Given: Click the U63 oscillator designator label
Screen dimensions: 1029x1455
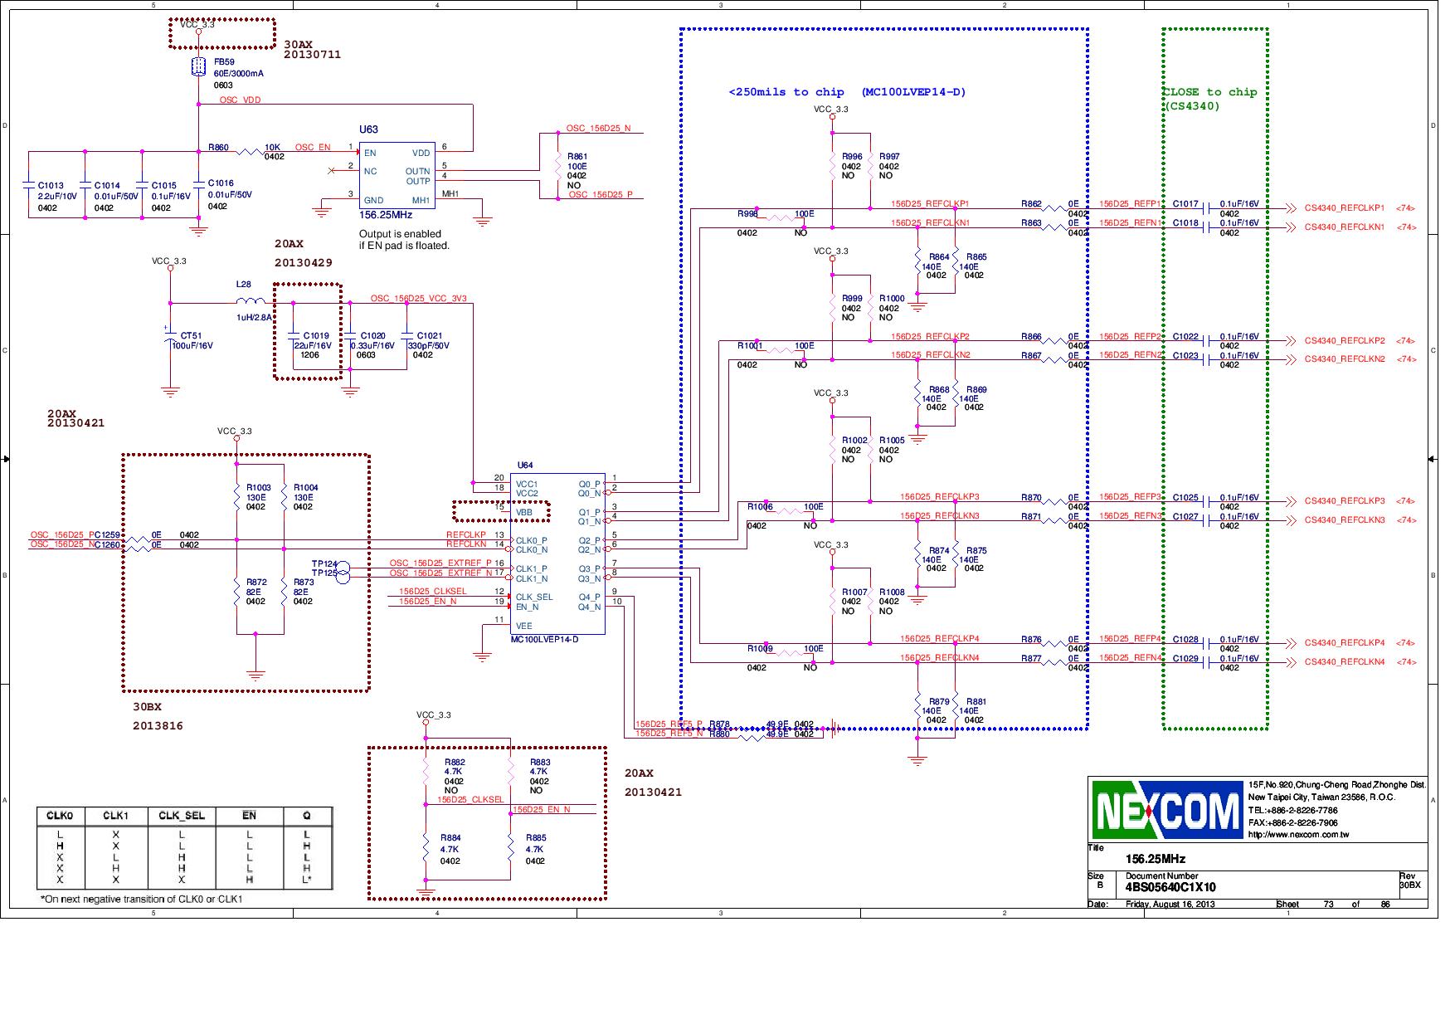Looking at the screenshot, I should pyautogui.click(x=368, y=129).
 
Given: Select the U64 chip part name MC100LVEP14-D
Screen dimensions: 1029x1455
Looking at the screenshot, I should pyautogui.click(x=544, y=639).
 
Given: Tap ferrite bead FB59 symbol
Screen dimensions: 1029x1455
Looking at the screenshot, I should pyautogui.click(x=198, y=67).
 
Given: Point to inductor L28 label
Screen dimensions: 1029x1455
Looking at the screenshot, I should pyautogui.click(x=243, y=285).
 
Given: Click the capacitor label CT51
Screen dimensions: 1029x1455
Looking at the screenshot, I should pyautogui.click(x=191, y=336).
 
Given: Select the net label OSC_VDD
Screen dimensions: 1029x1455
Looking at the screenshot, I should pyautogui.click(x=240, y=100).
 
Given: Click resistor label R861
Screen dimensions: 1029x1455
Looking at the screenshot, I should pyautogui.click(x=577, y=156).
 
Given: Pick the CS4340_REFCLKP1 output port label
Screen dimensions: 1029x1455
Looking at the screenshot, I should pyautogui.click(x=1345, y=208).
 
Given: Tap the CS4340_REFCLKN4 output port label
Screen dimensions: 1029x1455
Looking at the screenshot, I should pyautogui.click(x=1345, y=662).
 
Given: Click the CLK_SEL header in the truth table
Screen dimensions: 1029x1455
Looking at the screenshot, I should pyautogui.click(x=182, y=816).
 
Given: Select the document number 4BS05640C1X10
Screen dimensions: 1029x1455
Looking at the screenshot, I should pyautogui.click(x=1170, y=887).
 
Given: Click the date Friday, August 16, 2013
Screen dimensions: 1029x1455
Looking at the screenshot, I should pyautogui.click(x=1170, y=904).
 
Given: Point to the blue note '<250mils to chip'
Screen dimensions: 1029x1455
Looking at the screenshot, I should pyautogui.click(x=786, y=92).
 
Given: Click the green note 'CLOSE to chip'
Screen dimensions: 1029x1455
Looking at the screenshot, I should pyautogui.click(x=1210, y=92).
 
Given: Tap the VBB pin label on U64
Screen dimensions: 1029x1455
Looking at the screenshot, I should pyautogui.click(x=523, y=513).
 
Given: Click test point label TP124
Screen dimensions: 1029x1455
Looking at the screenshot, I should pyautogui.click(x=324, y=563).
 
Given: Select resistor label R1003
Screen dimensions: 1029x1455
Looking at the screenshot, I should pyautogui.click(x=258, y=488).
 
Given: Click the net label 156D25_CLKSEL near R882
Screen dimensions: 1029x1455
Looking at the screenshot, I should pyautogui.click(x=470, y=799).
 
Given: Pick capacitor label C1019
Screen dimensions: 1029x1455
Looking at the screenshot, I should pyautogui.click(x=316, y=336).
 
